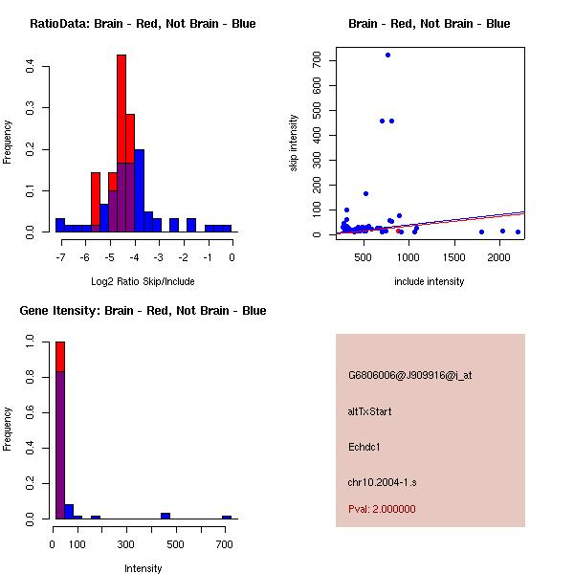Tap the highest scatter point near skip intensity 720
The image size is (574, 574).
click(387, 55)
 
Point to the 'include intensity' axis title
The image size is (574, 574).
click(430, 281)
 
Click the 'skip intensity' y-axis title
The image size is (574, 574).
click(295, 143)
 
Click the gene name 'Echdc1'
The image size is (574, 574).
click(364, 447)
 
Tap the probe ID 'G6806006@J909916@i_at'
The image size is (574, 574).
click(410, 375)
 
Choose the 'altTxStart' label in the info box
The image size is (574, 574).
click(370, 411)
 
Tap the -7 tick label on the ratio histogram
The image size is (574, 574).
click(60, 256)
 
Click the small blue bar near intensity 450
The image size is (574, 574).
click(166, 515)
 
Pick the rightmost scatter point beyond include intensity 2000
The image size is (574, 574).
click(518, 232)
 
